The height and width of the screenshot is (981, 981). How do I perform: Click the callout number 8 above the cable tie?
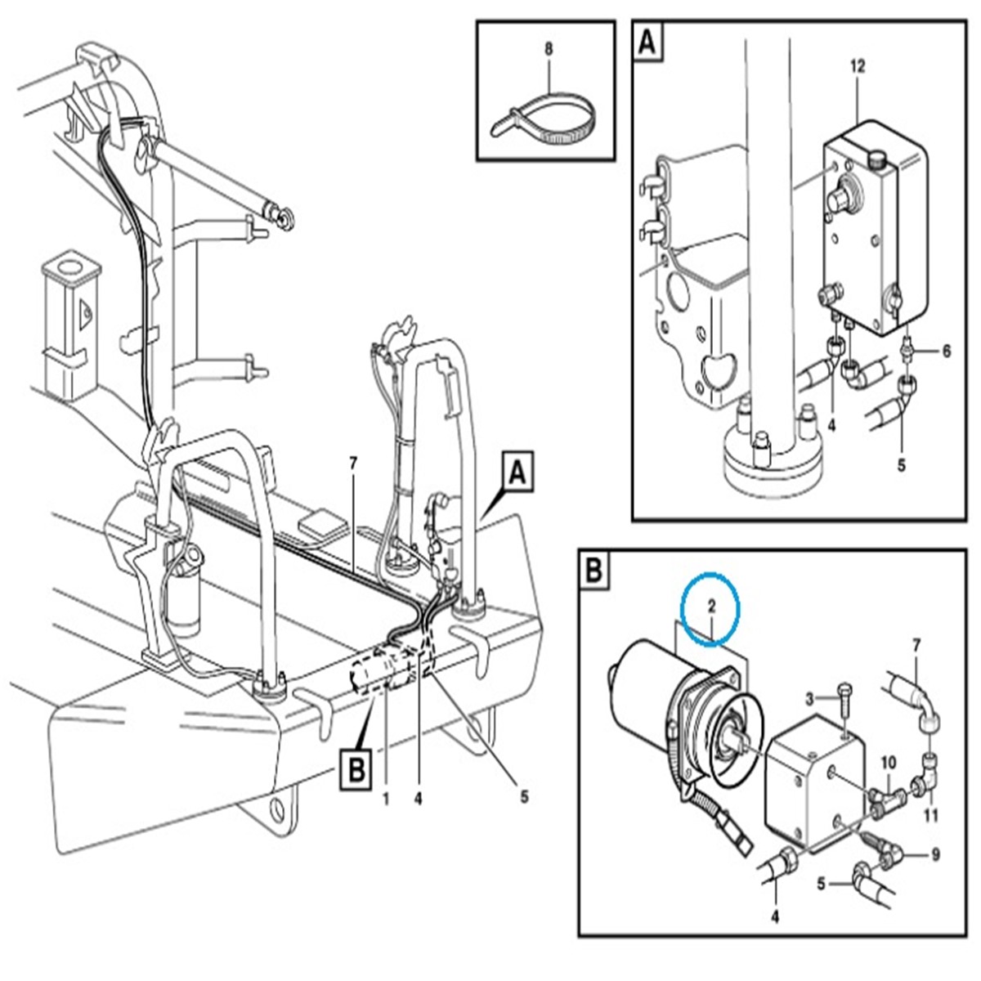tap(549, 49)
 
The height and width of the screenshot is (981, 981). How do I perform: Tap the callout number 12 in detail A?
tap(858, 66)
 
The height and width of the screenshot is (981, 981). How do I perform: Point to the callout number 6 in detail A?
tap(947, 351)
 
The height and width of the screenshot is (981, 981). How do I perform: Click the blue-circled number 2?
tap(711, 607)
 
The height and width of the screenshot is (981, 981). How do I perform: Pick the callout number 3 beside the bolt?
tap(810, 698)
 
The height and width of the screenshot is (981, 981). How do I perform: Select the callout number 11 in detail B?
tap(931, 814)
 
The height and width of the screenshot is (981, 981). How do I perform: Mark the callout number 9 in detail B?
tap(936, 855)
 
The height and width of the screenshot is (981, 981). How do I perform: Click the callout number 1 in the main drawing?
tap(385, 795)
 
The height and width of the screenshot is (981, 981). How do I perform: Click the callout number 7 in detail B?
tap(915, 647)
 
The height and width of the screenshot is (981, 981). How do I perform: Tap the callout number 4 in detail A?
tap(831, 424)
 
